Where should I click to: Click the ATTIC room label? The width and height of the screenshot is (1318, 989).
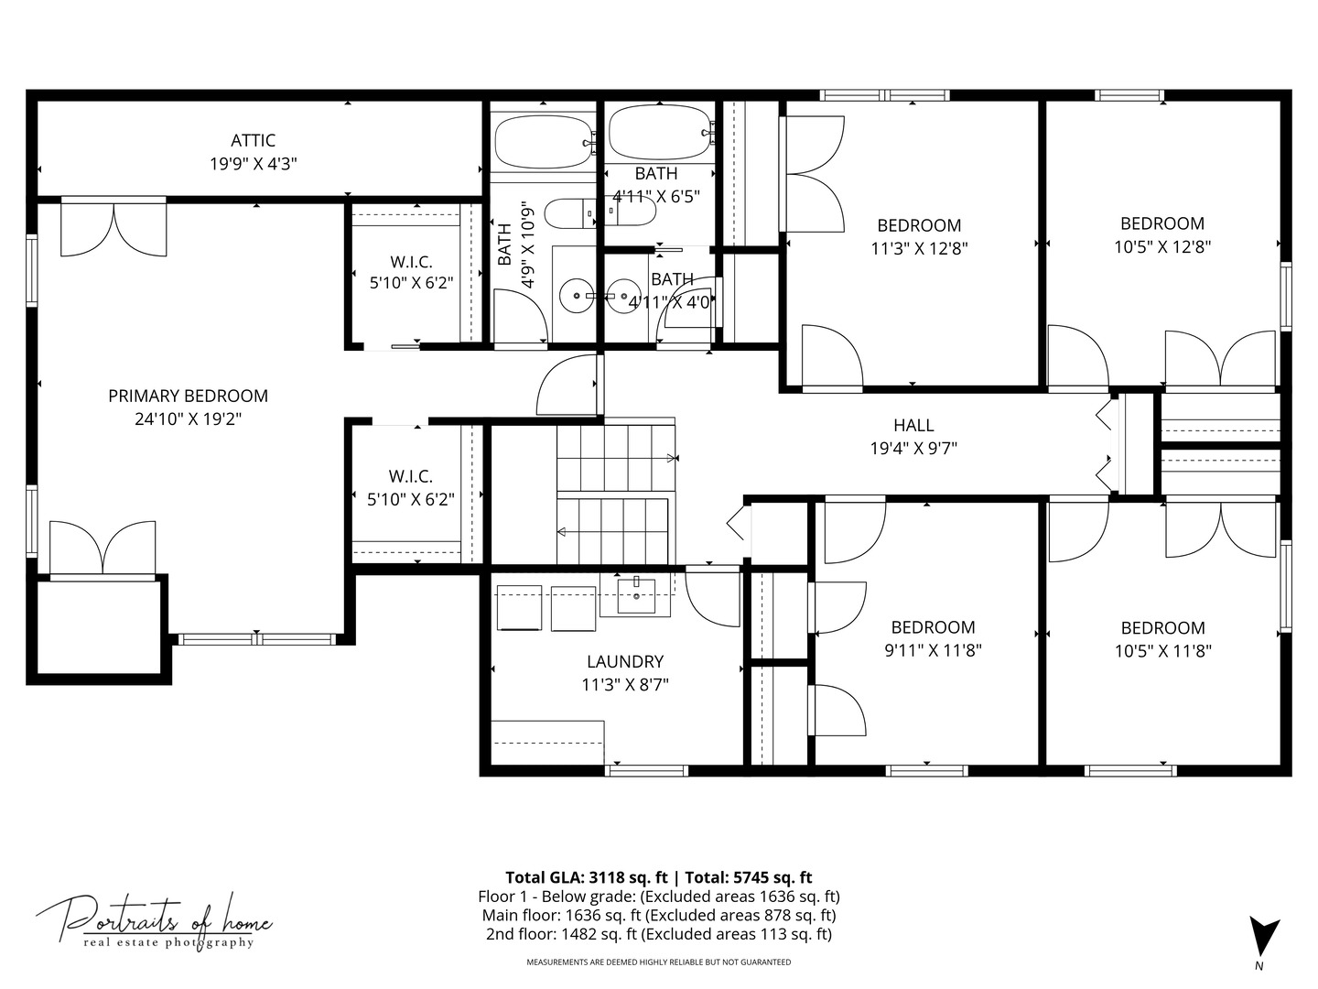[x=253, y=140]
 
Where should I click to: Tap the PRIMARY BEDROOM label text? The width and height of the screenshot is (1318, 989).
[x=188, y=397]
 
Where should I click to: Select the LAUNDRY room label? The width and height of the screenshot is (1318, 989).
[x=625, y=662]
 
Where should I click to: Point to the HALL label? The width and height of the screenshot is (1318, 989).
[x=913, y=426]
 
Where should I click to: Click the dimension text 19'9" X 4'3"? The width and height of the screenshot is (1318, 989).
[x=253, y=164]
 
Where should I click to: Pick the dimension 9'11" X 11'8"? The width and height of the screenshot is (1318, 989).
[x=933, y=650]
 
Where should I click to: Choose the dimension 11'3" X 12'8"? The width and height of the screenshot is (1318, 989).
[x=919, y=248]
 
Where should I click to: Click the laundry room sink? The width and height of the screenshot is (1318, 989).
[x=636, y=595]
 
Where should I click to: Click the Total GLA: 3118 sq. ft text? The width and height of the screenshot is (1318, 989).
[x=586, y=878]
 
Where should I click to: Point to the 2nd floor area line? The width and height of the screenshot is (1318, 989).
[x=659, y=934]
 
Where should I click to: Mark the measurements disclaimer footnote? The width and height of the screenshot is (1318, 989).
[x=659, y=962]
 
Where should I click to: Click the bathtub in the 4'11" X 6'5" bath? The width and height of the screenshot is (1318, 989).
[x=659, y=133]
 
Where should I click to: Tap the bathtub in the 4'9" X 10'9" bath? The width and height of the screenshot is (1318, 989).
[x=544, y=142]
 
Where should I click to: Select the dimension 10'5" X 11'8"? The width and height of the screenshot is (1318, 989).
[x=1163, y=651]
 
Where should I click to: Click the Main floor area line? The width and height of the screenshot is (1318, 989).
[x=659, y=916]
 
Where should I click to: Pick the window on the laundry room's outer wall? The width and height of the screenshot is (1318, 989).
[x=646, y=771]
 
